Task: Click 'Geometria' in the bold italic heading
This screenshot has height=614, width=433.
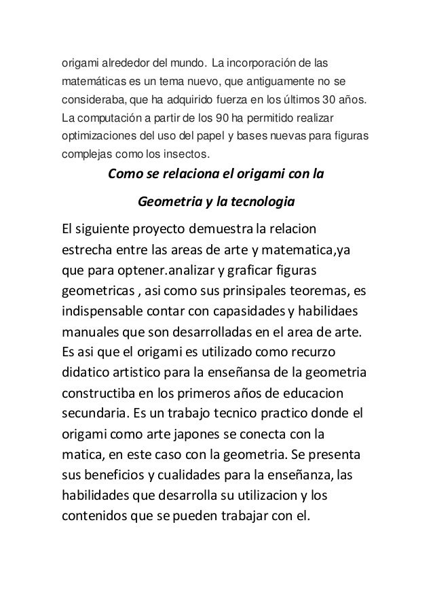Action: point(170,202)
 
